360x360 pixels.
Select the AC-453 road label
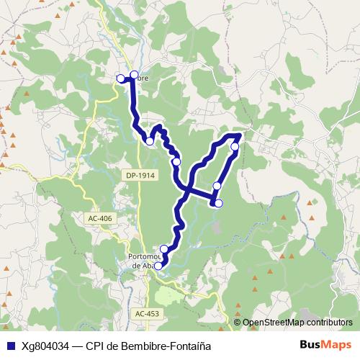[146, 313]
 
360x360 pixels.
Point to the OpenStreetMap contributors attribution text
[297, 323]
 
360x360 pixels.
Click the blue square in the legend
[11, 346]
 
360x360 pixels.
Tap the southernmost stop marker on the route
[159, 266]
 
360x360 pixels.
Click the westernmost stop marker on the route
[120, 78]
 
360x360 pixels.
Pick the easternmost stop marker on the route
[235, 147]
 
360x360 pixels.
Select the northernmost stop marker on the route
[134, 74]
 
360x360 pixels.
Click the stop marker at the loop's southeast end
[219, 204]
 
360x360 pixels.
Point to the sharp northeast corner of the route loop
[240, 135]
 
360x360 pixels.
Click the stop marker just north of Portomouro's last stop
[164, 249]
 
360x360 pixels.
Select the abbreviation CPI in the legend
[95, 346]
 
